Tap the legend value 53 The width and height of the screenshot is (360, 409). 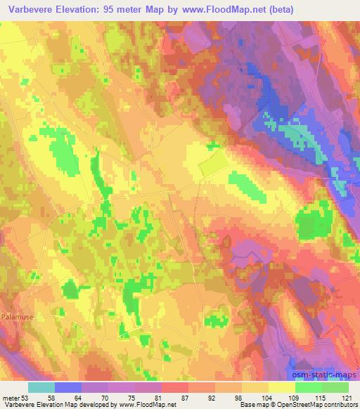click(27, 398)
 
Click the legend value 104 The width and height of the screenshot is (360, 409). click(269, 398)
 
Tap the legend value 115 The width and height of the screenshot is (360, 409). click(322, 398)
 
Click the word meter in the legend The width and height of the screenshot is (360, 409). click(11, 398)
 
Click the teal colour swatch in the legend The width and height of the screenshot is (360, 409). click(41, 387)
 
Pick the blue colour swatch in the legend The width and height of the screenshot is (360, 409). click(68, 387)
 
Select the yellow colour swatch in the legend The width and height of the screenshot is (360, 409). click(282, 387)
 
